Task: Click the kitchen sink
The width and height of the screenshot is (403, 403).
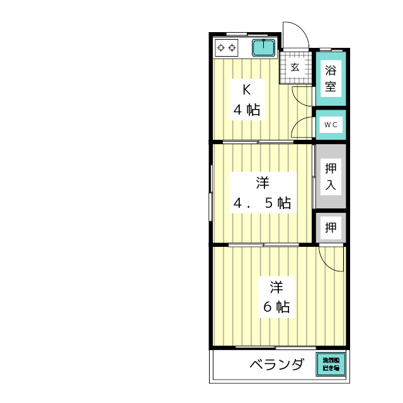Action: click(x=263, y=47)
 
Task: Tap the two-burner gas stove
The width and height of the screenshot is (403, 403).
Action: click(x=227, y=47)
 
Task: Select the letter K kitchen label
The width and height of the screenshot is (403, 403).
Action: click(x=247, y=88)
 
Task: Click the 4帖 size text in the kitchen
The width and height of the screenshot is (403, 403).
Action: click(x=247, y=110)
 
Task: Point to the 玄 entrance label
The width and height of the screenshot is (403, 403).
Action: click(x=295, y=67)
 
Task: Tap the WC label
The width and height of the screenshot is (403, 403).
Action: click(x=331, y=125)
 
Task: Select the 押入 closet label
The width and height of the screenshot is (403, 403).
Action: click(x=331, y=177)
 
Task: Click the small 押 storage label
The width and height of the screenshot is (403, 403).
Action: click(x=331, y=227)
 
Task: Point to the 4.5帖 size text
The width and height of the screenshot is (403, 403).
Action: click(x=263, y=203)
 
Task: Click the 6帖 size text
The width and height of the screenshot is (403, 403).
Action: click(x=276, y=307)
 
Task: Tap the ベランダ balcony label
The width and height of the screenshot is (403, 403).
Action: click(x=276, y=365)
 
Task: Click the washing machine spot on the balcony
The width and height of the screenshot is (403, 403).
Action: click(x=331, y=363)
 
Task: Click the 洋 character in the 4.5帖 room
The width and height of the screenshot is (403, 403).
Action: click(x=263, y=183)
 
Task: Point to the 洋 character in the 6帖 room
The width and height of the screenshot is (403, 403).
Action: click(x=276, y=287)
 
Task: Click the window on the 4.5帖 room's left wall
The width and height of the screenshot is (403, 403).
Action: click(x=211, y=192)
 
